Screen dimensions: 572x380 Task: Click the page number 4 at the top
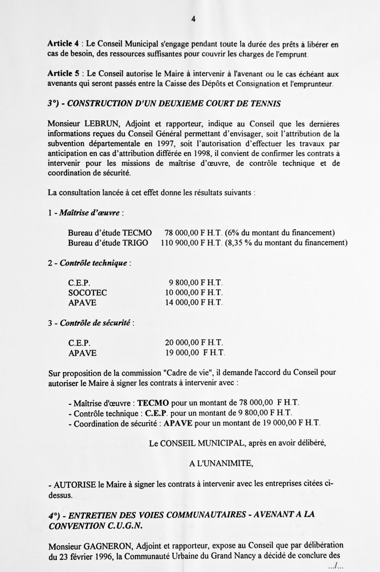click(193, 19)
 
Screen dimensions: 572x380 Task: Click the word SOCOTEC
click(88, 293)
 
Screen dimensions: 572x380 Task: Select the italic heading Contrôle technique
click(93, 263)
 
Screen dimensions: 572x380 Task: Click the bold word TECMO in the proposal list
click(153, 403)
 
